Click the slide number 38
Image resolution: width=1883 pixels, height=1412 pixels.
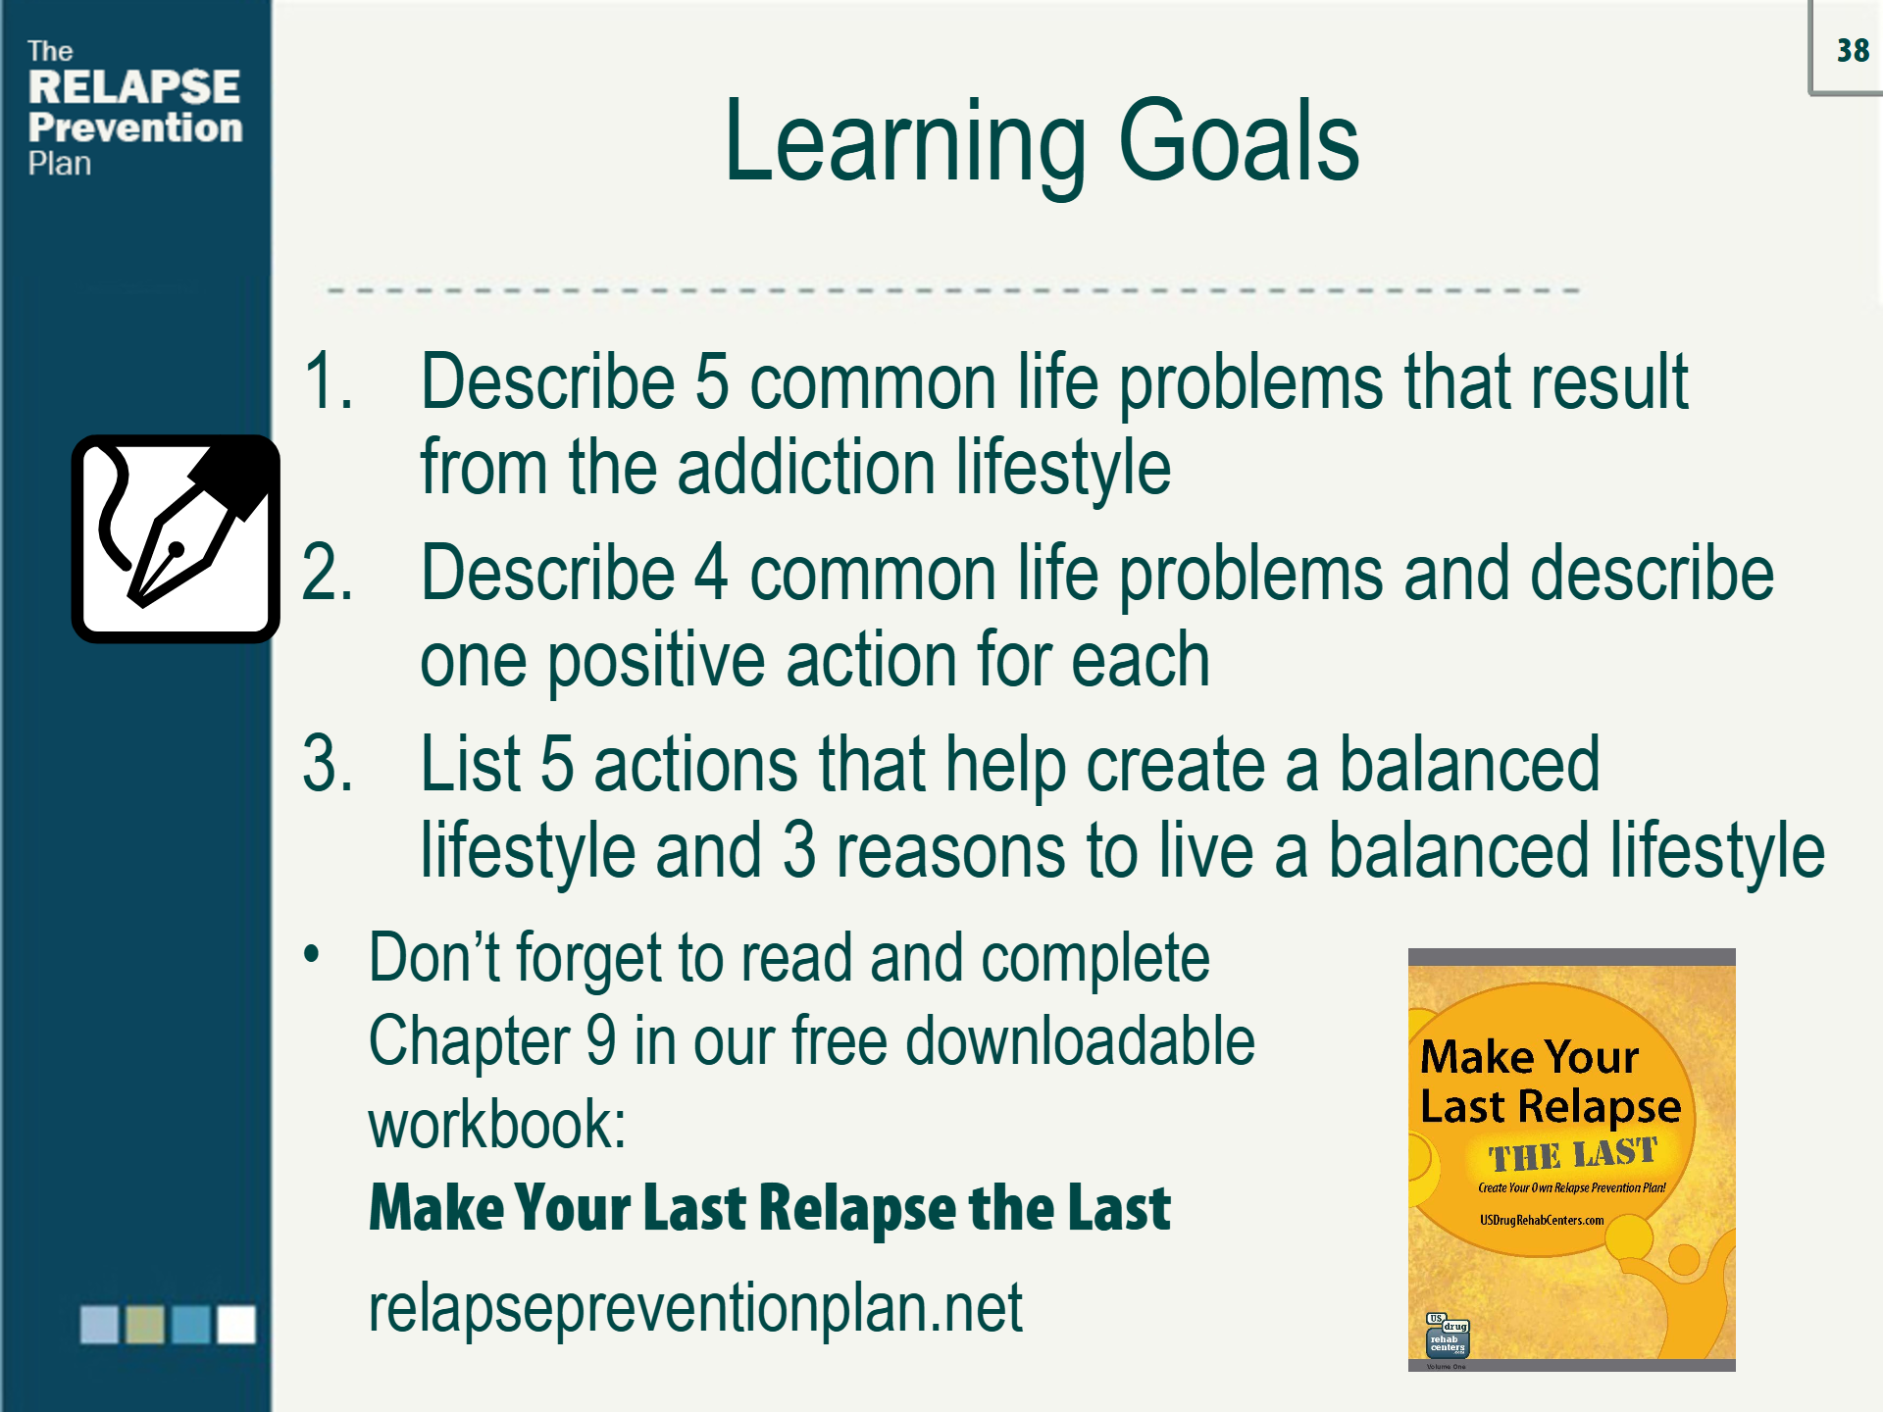[1853, 50]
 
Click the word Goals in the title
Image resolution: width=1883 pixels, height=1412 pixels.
[1239, 143]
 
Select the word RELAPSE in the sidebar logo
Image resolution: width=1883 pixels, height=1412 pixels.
[134, 86]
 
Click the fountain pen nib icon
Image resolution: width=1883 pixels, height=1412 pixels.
[176, 538]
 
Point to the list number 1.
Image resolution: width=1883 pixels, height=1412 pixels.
[328, 380]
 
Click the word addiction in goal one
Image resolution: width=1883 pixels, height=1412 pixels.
[806, 467]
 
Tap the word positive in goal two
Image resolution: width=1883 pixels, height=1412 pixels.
[656, 661]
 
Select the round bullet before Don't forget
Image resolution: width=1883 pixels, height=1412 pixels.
[312, 953]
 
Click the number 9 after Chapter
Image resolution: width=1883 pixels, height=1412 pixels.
[601, 1040]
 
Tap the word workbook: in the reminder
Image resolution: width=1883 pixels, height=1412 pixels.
[497, 1125]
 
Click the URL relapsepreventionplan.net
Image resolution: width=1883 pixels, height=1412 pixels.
[695, 1309]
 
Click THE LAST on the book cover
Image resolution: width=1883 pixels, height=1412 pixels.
[1572, 1154]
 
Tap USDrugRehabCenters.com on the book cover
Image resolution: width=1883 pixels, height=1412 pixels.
[1542, 1221]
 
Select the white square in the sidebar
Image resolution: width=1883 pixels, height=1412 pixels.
[236, 1324]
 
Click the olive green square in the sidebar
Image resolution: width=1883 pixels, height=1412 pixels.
[145, 1324]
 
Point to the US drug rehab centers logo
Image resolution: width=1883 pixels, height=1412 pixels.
[1448, 1335]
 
